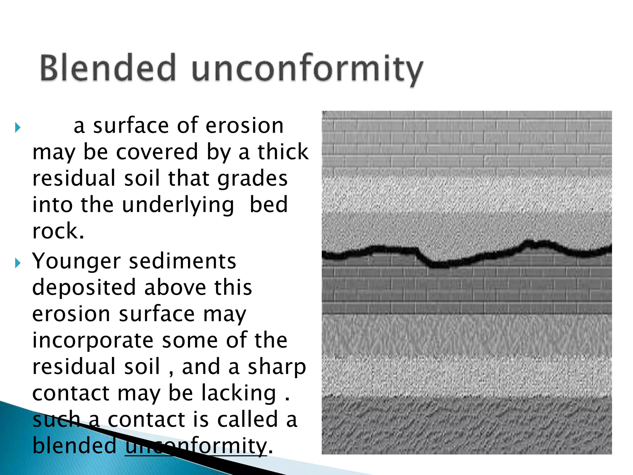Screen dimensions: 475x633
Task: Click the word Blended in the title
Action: tap(108, 68)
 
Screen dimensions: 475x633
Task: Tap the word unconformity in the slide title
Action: tap(307, 69)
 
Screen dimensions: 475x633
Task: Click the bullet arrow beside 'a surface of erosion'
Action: tap(18, 127)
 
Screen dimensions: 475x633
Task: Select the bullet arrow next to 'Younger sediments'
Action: tap(18, 263)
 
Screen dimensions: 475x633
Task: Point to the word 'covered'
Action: tap(157, 152)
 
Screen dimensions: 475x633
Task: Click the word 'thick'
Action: tap(283, 152)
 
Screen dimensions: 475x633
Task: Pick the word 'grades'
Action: tap(253, 179)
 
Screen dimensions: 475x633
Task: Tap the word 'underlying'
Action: tap(178, 205)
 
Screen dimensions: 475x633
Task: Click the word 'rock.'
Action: tap(58, 231)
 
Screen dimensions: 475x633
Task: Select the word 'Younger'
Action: tap(76, 262)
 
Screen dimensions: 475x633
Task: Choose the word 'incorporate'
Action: tap(93, 340)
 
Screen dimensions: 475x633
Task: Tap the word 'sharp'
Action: tap(277, 367)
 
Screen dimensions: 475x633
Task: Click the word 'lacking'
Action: tap(239, 393)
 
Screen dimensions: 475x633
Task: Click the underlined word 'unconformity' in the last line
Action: tap(196, 446)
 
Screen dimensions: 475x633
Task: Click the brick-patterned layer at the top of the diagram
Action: tap(467, 139)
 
